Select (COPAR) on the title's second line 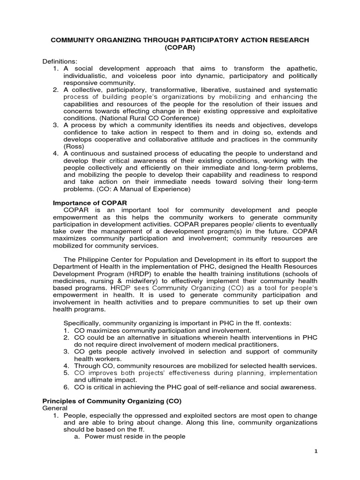click(180, 48)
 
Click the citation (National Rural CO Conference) click(137, 118)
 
